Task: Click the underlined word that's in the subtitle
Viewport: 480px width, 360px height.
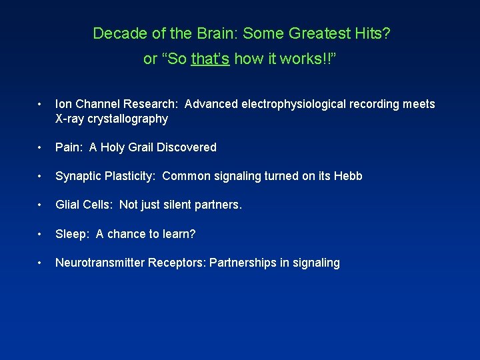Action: point(210,59)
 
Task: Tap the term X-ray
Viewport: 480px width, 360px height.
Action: point(71,119)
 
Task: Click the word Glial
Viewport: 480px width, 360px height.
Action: point(69,205)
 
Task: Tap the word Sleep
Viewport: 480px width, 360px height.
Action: point(71,234)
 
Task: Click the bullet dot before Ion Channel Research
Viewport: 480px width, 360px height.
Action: point(41,104)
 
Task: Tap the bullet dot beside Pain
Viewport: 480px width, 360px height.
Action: point(41,147)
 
